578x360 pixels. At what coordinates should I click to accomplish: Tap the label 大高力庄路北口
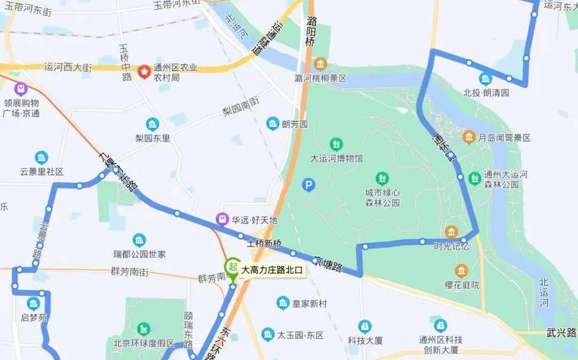coord(272,271)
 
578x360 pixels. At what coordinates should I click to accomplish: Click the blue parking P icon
coord(309,185)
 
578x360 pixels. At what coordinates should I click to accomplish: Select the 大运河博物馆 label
coord(337,159)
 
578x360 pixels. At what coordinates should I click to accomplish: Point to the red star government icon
coord(144,72)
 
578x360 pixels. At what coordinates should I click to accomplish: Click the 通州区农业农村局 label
coord(176,72)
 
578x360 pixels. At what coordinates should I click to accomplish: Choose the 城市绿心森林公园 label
coord(382,197)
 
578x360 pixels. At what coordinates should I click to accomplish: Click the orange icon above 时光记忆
coord(451,232)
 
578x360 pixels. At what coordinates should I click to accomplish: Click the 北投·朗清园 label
coord(486,93)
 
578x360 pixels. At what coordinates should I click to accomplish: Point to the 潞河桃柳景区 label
coord(321,78)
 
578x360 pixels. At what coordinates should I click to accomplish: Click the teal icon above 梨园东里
coord(152,124)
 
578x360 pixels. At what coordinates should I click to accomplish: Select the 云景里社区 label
coord(42,172)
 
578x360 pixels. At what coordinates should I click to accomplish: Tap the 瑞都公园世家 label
coord(139,254)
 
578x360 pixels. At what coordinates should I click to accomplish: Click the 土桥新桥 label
coord(264,243)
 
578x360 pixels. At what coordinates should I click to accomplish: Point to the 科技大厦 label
coord(365,339)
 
